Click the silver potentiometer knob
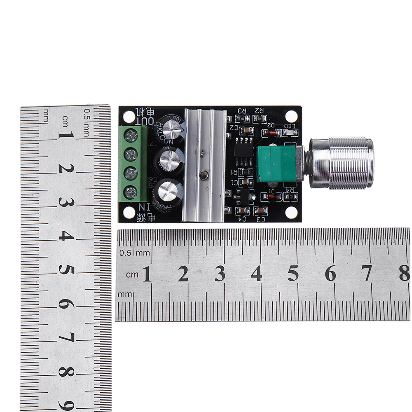(341, 163)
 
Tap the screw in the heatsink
(203, 176)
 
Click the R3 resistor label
(242, 110)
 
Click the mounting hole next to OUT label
(129, 117)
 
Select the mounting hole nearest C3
(291, 212)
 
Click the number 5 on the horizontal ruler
(293, 273)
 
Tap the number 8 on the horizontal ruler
(404, 273)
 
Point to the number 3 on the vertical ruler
(66, 202)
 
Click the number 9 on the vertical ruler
(66, 404)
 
